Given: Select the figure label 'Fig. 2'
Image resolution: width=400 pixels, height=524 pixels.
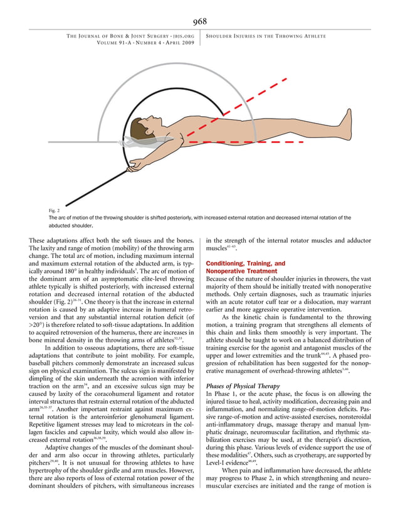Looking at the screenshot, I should (x=55, y=210).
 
